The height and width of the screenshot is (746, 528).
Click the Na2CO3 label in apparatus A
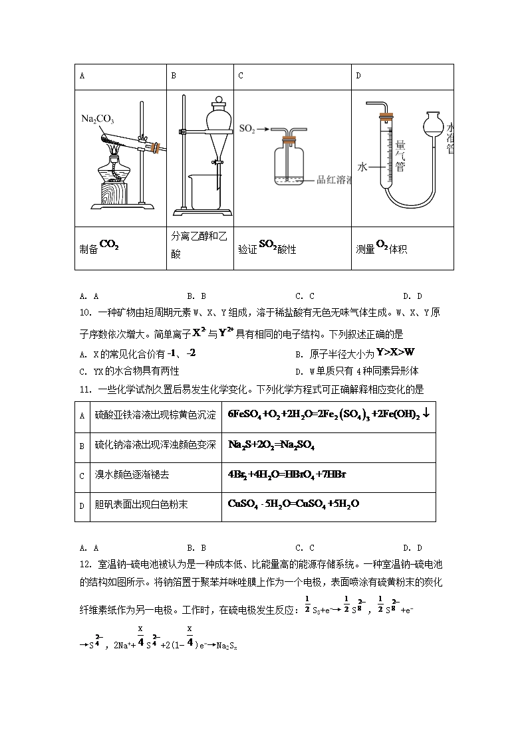point(98,120)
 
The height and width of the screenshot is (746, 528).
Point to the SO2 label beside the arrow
point(247,130)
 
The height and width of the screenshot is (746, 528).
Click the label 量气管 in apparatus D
point(400,155)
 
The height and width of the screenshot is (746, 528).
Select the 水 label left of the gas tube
point(362,167)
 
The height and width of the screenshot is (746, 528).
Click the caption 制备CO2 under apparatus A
point(99,248)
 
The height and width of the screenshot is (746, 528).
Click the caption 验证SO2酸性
point(267,248)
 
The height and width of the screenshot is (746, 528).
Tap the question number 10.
point(84,313)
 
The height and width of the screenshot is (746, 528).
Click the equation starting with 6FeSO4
point(329,415)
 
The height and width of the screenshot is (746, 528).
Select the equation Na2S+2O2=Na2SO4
point(271,445)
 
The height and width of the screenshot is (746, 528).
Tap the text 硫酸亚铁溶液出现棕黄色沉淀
point(155,415)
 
